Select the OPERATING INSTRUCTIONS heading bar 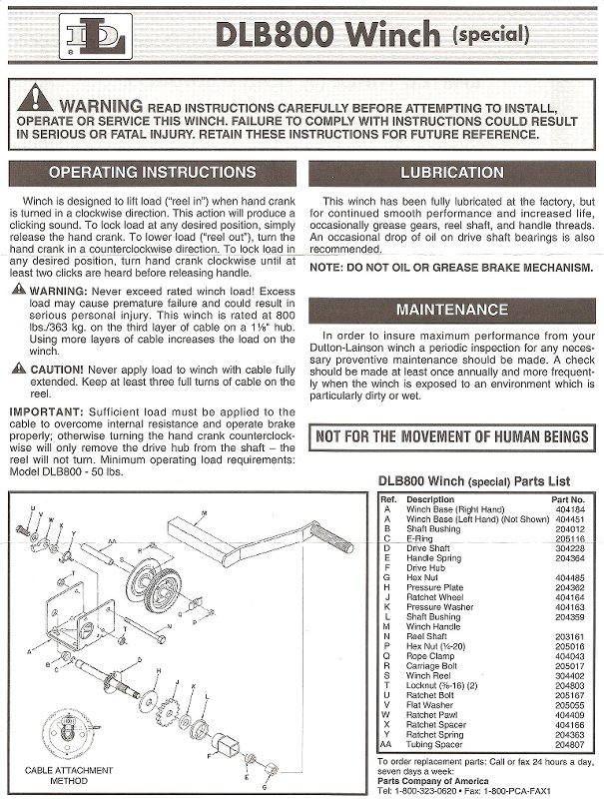pyautogui.click(x=151, y=173)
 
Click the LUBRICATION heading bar pyautogui.click(x=452, y=173)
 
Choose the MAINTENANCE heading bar pyautogui.click(x=452, y=310)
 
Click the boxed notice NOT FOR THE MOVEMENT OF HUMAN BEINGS pyautogui.click(x=452, y=436)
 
